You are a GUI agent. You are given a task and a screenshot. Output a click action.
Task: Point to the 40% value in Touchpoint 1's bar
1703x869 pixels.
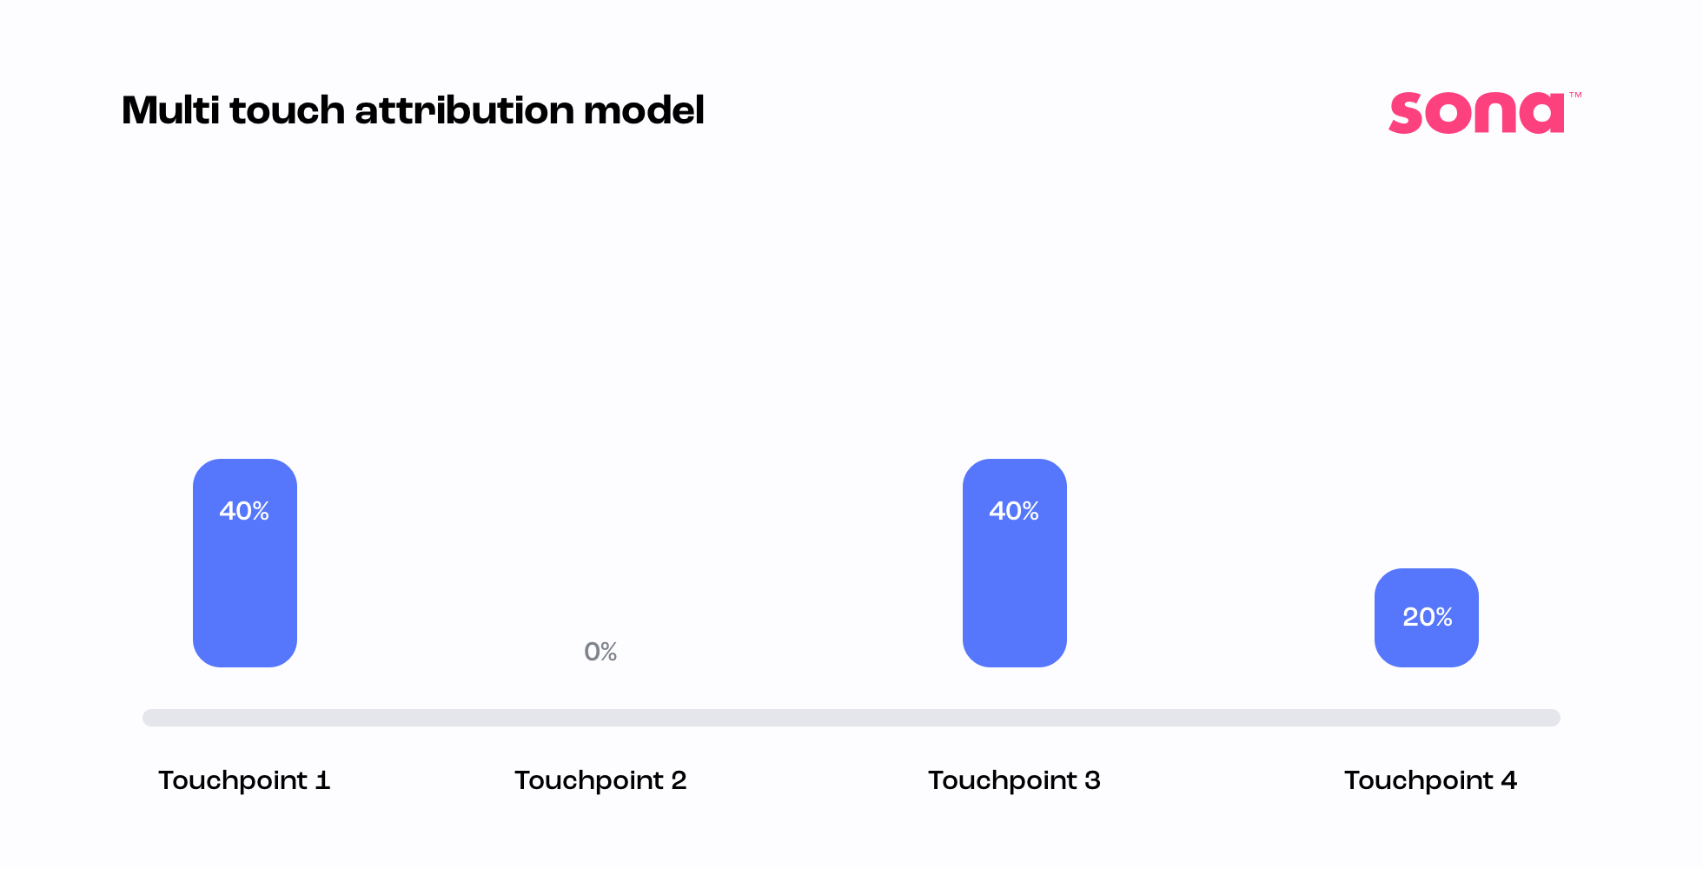tap(244, 511)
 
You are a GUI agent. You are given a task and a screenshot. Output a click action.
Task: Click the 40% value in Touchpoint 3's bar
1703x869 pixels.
tap(1014, 511)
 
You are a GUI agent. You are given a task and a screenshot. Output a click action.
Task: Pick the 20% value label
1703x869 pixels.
tap(1428, 617)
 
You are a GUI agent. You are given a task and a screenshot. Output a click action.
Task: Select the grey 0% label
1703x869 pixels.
tap(600, 652)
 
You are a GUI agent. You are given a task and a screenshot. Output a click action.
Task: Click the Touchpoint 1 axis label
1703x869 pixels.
tap(244, 780)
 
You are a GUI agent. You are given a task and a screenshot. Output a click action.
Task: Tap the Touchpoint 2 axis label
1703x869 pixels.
tap(600, 780)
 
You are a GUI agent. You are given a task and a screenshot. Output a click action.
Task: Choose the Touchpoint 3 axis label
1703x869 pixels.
tap(1014, 780)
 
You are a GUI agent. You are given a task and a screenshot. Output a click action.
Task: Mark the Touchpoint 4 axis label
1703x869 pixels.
tap(1430, 780)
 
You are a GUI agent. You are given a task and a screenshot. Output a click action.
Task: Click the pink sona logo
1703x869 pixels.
tap(1476, 113)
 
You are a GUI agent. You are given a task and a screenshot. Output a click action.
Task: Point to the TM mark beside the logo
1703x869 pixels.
tap(1575, 95)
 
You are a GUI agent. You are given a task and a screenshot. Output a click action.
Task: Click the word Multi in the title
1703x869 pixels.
tap(170, 110)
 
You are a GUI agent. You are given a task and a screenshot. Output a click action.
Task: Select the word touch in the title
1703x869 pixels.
tap(288, 110)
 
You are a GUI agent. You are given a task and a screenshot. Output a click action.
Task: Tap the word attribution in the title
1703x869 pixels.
tap(464, 110)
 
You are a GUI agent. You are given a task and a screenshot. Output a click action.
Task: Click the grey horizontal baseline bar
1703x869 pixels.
tap(851, 718)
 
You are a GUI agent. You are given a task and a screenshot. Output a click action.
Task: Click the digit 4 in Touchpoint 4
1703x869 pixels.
tap(1508, 780)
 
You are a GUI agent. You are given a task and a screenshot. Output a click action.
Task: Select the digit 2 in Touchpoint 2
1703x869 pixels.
tap(679, 780)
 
